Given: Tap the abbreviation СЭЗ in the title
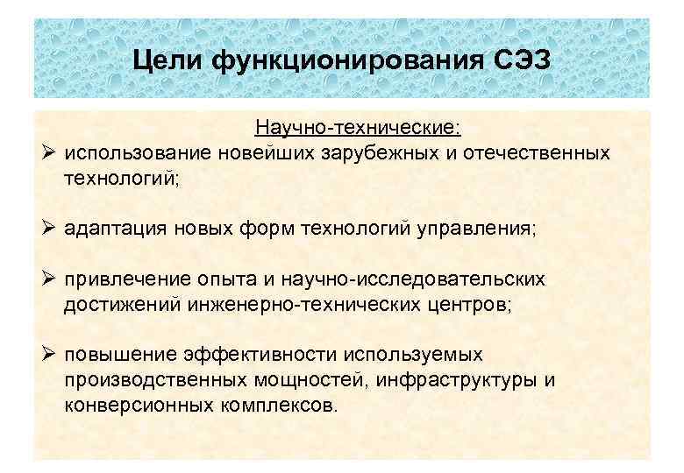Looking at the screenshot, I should (x=518, y=61).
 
